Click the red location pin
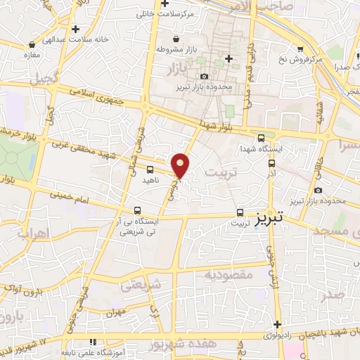181,165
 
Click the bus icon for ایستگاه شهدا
262,139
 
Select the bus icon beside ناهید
150,169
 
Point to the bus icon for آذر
272,161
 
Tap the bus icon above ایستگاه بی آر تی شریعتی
137,210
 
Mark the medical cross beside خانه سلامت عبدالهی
75,30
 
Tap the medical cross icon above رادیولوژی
278,325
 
